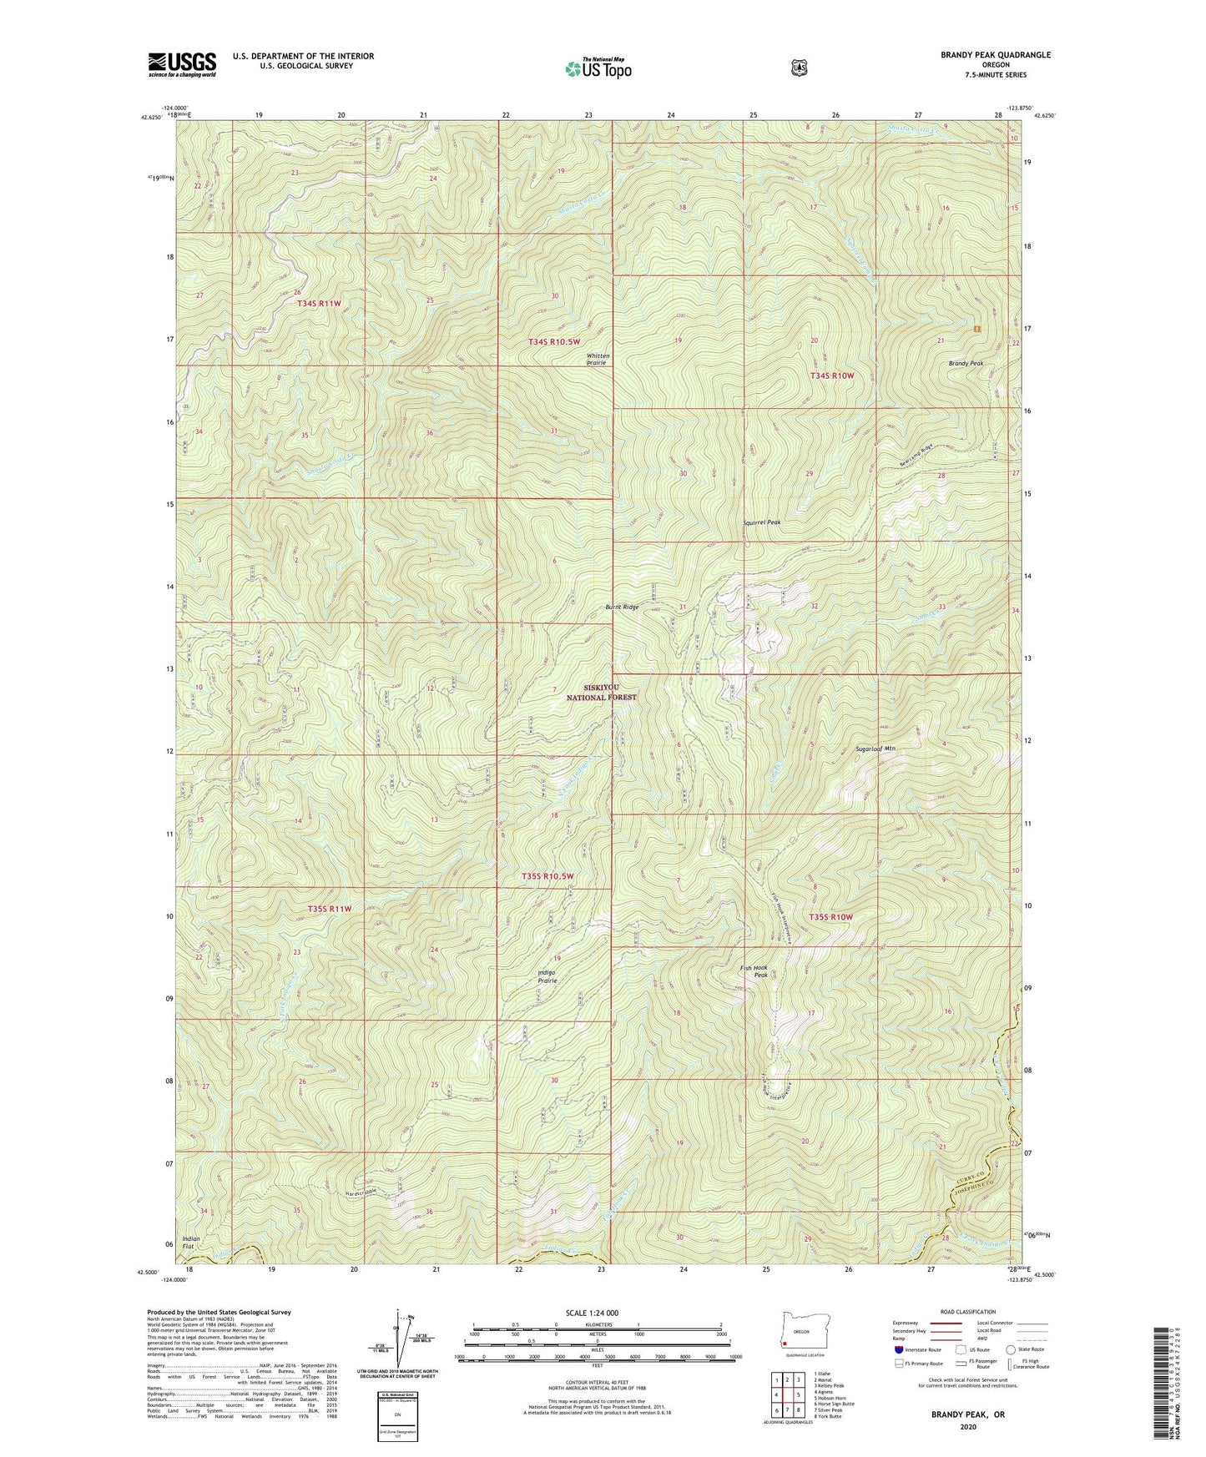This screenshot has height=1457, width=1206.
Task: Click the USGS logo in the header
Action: pyautogui.click(x=182, y=64)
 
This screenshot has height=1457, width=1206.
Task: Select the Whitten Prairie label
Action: pyautogui.click(x=598, y=360)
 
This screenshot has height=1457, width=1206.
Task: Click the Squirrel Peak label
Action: pyautogui.click(x=761, y=522)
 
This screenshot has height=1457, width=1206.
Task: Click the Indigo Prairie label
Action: pyautogui.click(x=542, y=976)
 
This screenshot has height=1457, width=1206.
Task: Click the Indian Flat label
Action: pyautogui.click(x=191, y=1243)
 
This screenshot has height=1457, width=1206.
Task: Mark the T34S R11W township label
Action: pyautogui.click(x=319, y=304)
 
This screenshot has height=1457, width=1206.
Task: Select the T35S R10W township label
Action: pyautogui.click(x=831, y=917)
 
